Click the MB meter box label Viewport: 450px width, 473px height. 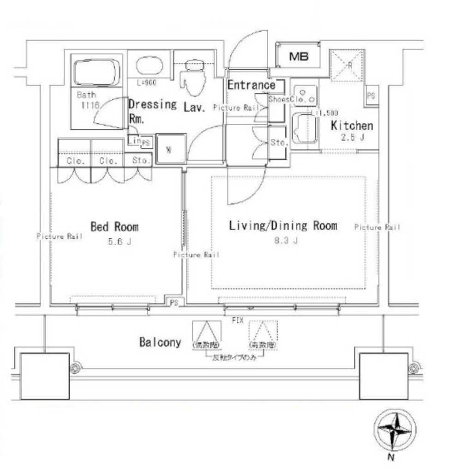pyautogui.click(x=298, y=57)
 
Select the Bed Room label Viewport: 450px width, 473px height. pyautogui.click(x=114, y=227)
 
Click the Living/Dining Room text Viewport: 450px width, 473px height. pyautogui.click(x=283, y=225)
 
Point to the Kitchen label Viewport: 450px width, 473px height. pyautogui.click(x=352, y=126)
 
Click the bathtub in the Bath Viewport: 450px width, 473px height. pyautogui.click(x=96, y=73)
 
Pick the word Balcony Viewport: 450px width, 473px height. pyautogui.click(x=160, y=342)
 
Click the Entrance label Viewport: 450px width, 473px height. pyautogui.click(x=251, y=85)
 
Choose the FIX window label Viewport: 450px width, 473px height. pyautogui.click(x=237, y=320)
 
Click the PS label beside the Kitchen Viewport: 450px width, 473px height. pyautogui.click(x=371, y=96)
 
